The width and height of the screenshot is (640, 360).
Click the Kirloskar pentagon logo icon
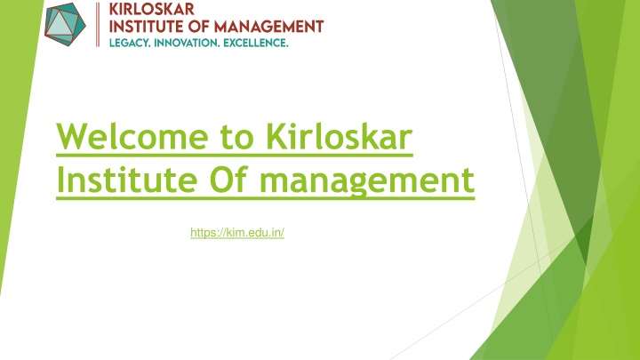65,24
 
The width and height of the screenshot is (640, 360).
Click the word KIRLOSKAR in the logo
151,9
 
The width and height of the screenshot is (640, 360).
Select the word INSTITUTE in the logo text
146,27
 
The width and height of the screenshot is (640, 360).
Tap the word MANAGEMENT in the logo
269,27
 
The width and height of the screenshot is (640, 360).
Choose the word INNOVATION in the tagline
186,43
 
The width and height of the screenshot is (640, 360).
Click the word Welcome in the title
132,136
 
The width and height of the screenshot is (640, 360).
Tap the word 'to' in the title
236,138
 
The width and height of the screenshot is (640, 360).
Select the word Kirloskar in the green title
340,136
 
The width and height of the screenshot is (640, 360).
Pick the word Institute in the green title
127,180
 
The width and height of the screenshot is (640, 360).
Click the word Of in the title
228,179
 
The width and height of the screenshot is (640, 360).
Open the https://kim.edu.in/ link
237,233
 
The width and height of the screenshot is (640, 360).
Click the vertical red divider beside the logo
98,25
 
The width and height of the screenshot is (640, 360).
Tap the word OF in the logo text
199,27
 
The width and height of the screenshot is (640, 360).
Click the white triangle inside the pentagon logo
60,25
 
